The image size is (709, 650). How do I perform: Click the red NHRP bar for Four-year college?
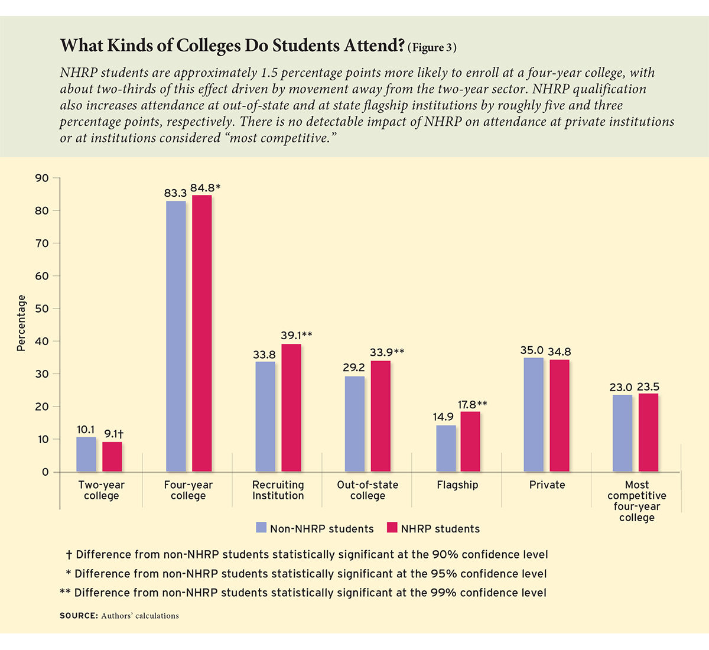point(201,333)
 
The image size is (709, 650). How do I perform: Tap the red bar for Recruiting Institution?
point(291,408)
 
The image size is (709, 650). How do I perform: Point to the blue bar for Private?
point(534,414)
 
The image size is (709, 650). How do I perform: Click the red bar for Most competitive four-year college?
point(648,433)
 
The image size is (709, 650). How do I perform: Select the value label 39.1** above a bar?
point(296,336)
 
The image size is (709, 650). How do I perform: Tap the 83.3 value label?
point(175,193)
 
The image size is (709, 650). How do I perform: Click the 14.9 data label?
point(443,417)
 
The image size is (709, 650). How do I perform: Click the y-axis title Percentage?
point(22,323)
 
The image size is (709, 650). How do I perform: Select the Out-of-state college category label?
point(367,490)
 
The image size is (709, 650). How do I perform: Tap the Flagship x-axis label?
point(457,485)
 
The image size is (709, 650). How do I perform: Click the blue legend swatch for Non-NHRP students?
point(261,528)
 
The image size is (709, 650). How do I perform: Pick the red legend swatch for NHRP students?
point(392,528)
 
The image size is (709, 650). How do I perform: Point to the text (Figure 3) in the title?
point(432,48)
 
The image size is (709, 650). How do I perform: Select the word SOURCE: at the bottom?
point(79,616)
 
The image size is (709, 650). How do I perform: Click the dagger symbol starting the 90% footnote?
point(69,555)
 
